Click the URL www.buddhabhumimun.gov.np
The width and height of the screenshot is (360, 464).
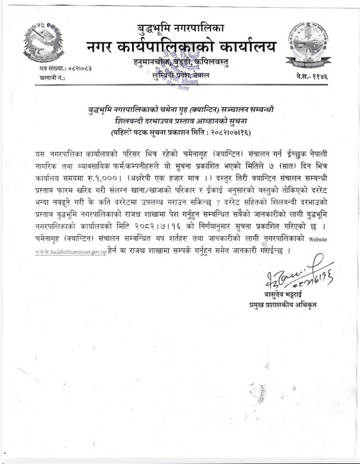point(70,251)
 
